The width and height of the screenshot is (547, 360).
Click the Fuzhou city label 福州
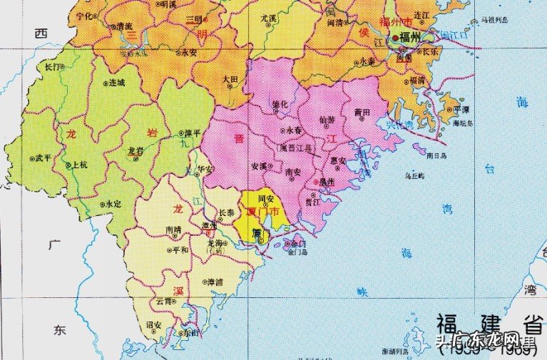click(409, 38)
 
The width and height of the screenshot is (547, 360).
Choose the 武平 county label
click(42, 158)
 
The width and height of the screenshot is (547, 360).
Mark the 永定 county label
click(111, 204)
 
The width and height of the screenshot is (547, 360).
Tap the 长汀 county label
click(53, 66)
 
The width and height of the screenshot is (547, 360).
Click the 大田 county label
click(230, 79)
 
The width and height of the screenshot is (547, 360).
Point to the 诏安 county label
click(153, 324)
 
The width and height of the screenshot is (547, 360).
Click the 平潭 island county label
click(461, 110)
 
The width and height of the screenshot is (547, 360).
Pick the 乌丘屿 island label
click(414, 175)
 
